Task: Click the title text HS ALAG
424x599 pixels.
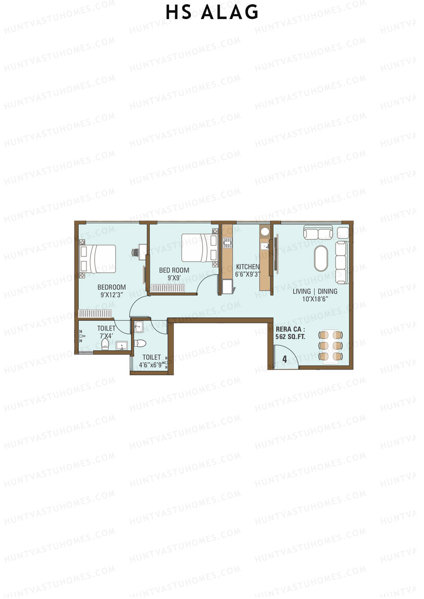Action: [212, 12]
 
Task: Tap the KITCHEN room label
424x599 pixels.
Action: [247, 267]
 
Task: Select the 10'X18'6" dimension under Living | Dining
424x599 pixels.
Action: [316, 299]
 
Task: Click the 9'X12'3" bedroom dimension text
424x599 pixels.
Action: [112, 295]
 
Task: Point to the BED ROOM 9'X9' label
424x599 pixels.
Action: [174, 274]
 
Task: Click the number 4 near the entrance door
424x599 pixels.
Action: [284, 360]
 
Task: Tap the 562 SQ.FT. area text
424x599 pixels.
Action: [290, 337]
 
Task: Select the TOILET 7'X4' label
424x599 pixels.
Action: [106, 332]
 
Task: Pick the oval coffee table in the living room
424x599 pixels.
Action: [321, 258]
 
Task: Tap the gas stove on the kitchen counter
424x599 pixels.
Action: [227, 242]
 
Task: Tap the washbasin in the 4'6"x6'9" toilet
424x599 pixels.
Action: [139, 327]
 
